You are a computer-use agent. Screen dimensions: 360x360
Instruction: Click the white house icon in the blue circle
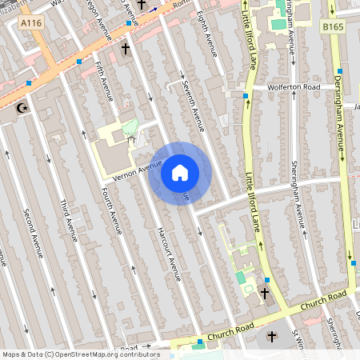180,172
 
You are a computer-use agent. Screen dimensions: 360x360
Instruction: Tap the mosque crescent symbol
20,108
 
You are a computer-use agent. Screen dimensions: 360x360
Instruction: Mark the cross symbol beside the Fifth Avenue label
125,50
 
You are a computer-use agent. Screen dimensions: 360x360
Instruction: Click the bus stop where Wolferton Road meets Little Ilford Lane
246,96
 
